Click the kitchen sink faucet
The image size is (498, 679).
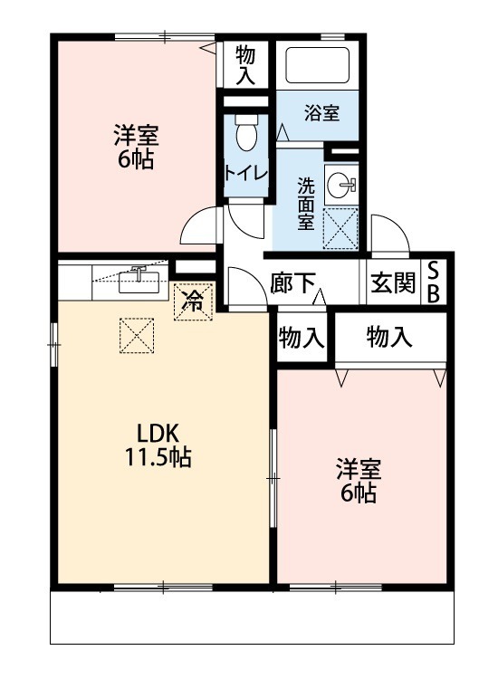(139, 271)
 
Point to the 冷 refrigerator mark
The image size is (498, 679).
(193, 301)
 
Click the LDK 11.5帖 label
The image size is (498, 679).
(158, 445)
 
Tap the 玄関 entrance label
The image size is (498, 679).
(393, 283)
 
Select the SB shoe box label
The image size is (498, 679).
(434, 282)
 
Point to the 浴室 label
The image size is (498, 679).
(321, 113)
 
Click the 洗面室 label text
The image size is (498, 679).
(307, 202)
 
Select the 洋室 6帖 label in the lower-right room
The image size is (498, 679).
(359, 481)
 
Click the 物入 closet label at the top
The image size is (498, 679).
(245, 65)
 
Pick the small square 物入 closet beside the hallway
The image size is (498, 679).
(302, 338)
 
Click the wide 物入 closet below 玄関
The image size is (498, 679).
(390, 338)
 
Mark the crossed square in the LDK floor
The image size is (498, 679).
(137, 338)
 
